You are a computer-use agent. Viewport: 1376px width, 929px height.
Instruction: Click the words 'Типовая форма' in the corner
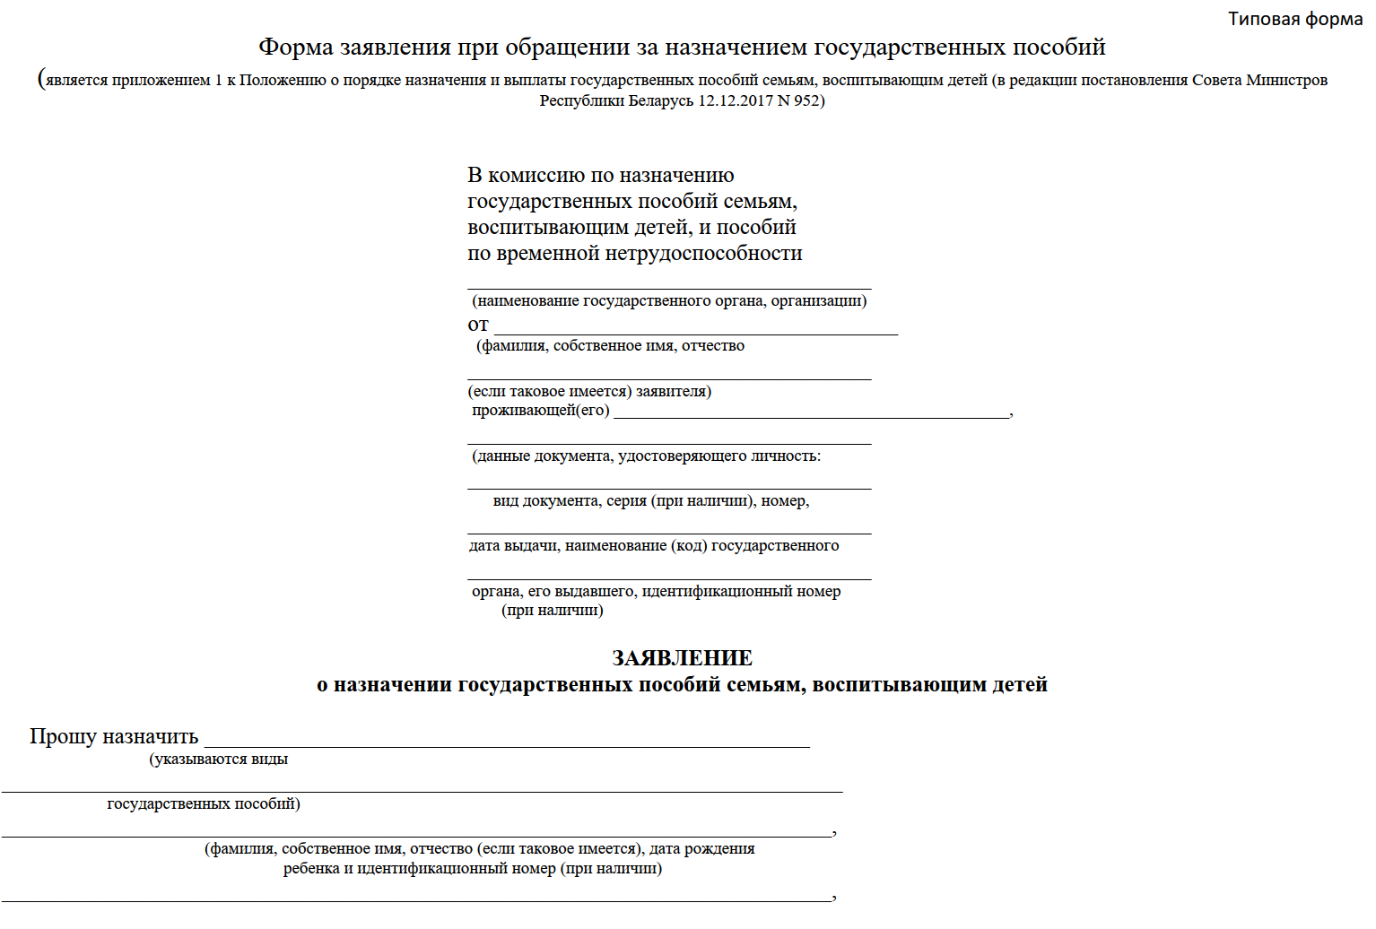(1294, 19)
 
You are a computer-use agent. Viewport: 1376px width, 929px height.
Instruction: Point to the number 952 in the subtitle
(806, 100)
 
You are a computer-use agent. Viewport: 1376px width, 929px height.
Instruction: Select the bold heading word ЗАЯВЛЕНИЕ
(682, 658)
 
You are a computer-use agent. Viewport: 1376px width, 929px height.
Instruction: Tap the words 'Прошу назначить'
(114, 736)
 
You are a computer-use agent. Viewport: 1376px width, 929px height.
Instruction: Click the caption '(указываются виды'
(219, 760)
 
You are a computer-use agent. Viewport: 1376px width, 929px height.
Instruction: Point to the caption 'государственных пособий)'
(204, 804)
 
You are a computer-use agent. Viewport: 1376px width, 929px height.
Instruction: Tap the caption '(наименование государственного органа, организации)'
(669, 301)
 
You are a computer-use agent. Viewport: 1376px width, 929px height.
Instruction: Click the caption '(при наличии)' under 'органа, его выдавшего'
(553, 611)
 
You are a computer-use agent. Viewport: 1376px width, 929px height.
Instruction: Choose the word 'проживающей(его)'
(541, 411)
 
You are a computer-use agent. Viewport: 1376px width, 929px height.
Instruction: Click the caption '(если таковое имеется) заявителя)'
(589, 392)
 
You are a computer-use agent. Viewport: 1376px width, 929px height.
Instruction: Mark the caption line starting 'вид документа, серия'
(651, 501)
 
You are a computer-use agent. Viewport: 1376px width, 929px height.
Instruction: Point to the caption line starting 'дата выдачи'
(654, 546)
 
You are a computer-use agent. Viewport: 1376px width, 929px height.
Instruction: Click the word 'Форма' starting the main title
(296, 47)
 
